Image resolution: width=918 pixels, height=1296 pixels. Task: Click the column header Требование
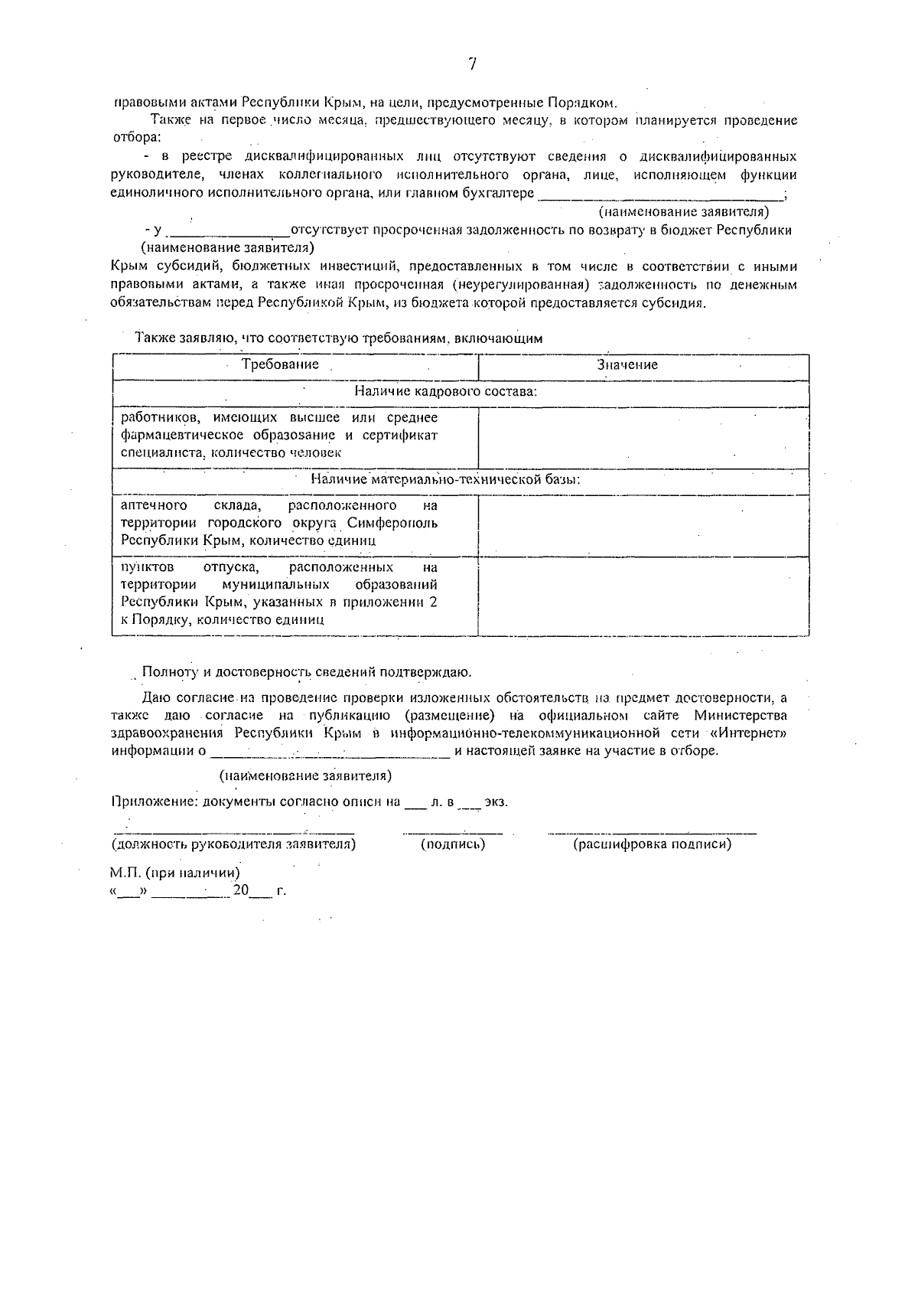(280, 365)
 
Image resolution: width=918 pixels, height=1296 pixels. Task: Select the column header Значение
(627, 365)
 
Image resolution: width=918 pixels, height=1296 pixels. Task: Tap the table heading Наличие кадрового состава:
(445, 392)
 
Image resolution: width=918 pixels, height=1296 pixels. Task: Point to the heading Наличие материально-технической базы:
(445, 481)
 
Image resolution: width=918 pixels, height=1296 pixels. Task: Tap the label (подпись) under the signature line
(453, 845)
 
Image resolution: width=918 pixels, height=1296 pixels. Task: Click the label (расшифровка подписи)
(652, 845)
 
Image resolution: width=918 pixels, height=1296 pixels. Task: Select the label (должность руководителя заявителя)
(233, 845)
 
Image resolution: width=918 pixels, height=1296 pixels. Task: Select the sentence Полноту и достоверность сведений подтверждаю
(307, 673)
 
